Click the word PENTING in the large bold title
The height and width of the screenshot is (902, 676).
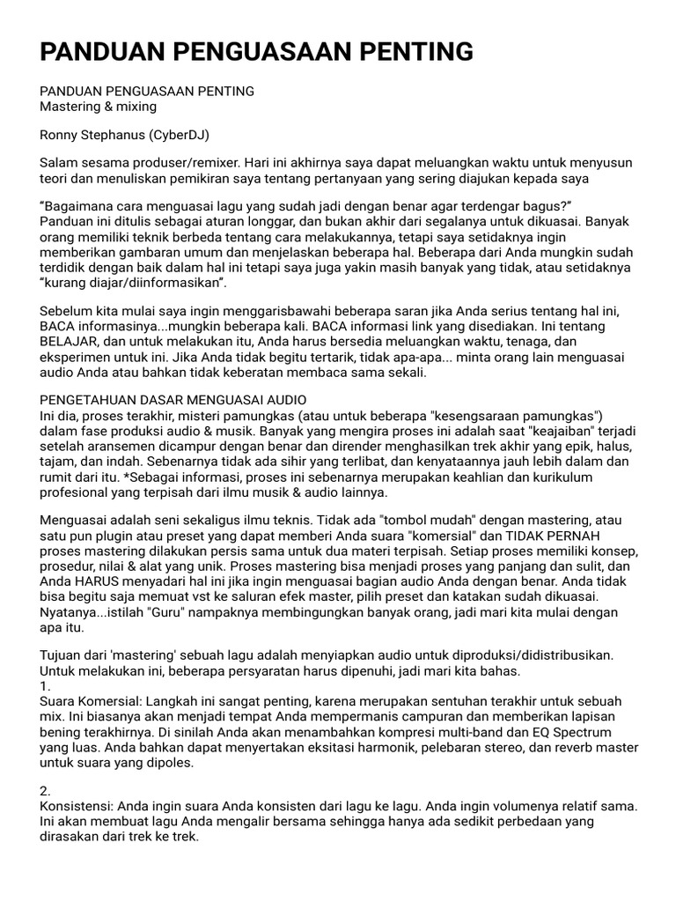pyautogui.click(x=415, y=52)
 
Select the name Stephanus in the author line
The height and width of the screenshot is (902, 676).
pyautogui.click(x=117, y=135)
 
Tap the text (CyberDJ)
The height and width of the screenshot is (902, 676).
pyautogui.click(x=180, y=135)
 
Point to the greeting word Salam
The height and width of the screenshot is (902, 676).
pyautogui.click(x=59, y=164)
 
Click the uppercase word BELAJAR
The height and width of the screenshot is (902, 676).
pyautogui.click(x=70, y=340)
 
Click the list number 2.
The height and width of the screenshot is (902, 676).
pyautogui.click(x=47, y=791)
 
